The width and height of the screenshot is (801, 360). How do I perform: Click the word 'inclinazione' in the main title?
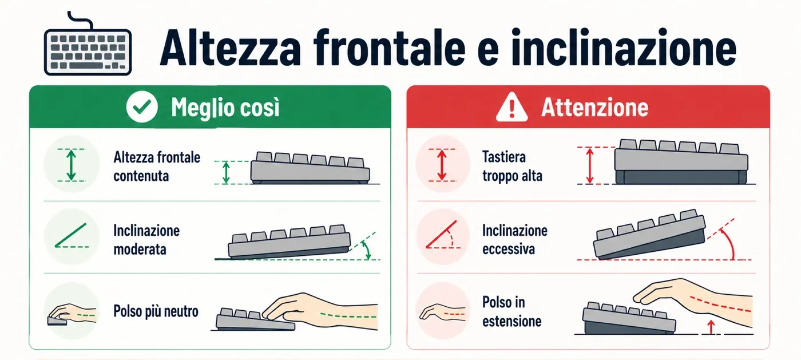(x=624, y=48)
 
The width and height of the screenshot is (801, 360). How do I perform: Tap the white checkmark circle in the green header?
(x=142, y=106)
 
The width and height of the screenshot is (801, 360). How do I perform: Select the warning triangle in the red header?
(x=511, y=106)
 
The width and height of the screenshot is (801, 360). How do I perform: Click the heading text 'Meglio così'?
(x=225, y=107)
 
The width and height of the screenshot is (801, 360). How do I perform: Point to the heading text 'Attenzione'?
(x=594, y=107)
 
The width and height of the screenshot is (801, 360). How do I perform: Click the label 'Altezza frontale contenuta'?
(x=157, y=167)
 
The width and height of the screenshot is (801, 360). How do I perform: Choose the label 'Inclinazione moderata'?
(x=146, y=240)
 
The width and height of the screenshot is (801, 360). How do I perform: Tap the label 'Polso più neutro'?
(x=156, y=311)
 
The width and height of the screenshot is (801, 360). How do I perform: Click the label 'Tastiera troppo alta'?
(x=512, y=167)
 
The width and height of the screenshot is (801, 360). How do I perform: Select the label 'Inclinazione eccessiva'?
(x=514, y=240)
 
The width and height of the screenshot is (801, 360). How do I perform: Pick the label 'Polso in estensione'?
(x=511, y=312)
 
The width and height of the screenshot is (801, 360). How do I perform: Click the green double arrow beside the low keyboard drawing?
(x=225, y=173)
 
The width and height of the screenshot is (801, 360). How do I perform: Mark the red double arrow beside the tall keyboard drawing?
(x=590, y=165)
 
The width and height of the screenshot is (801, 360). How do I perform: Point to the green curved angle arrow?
(x=367, y=250)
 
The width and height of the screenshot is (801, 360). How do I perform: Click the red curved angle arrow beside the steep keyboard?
(x=730, y=243)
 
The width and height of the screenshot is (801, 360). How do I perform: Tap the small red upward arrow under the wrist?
(x=711, y=327)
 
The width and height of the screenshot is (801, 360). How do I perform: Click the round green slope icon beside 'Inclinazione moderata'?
(x=72, y=236)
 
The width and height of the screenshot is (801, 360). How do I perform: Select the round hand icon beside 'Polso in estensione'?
(x=443, y=311)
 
